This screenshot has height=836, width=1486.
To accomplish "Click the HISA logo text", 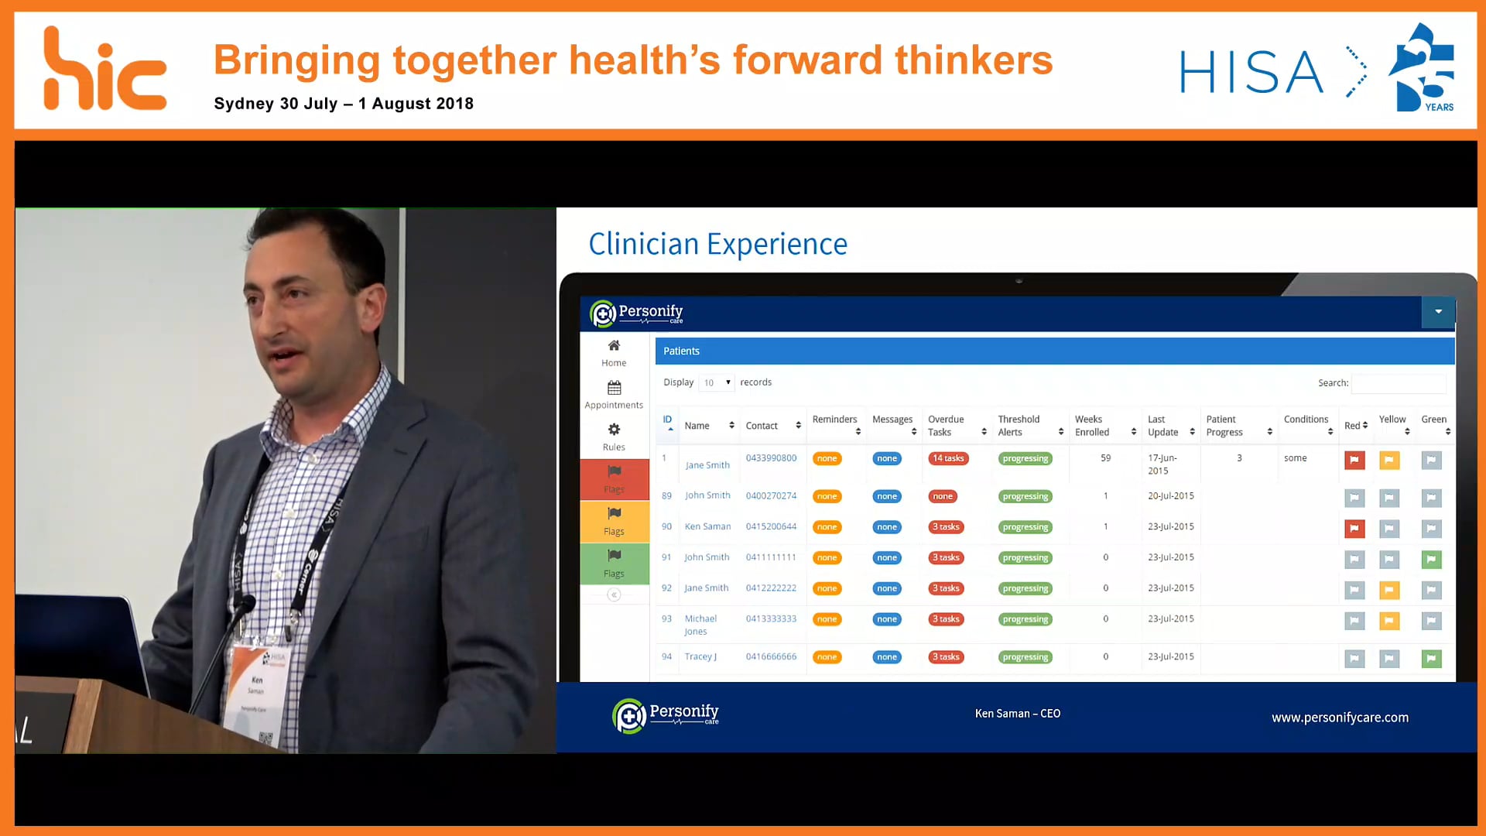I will (1251, 73).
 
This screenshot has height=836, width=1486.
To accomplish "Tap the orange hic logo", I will (104, 70).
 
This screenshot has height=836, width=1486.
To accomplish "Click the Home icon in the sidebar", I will (614, 345).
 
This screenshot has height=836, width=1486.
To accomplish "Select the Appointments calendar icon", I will (614, 388).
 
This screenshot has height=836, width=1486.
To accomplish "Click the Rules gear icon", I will (614, 430).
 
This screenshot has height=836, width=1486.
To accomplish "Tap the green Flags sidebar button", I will (615, 563).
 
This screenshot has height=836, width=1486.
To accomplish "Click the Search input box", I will (1399, 383).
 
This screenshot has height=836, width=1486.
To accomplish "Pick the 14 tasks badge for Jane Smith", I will (948, 458).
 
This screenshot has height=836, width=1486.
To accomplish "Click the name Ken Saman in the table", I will (707, 526).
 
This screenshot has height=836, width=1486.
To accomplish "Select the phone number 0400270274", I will (771, 495).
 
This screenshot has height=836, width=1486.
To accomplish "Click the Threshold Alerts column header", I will (1019, 426).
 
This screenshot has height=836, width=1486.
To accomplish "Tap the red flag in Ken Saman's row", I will (1354, 529).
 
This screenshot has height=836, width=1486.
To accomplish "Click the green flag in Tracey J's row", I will (1431, 659).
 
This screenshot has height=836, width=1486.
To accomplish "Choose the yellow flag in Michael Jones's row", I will (1389, 621).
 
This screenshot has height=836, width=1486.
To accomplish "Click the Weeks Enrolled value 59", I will (1105, 458).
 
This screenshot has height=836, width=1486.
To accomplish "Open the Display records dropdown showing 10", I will (717, 382).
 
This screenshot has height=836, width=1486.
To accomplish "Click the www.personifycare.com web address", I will (1340, 718).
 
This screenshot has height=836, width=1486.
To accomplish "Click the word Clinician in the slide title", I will (644, 245).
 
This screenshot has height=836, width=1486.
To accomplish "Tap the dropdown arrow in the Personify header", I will (1438, 312).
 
